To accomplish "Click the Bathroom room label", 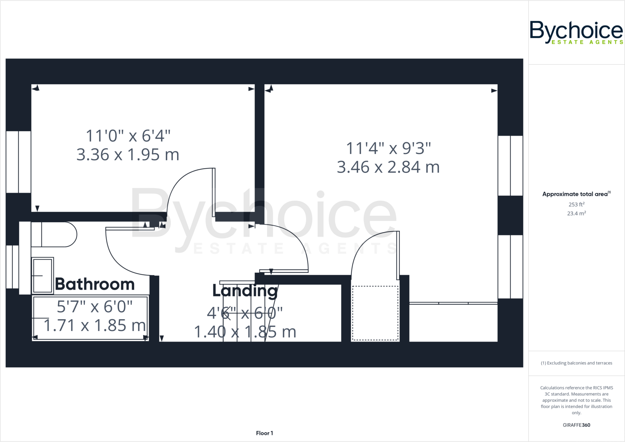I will (95, 284).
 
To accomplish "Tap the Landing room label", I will (245, 291).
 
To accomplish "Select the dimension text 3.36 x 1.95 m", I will (128, 155).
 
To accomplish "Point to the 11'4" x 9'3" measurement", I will (388, 149).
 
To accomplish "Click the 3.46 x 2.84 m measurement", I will (388, 167).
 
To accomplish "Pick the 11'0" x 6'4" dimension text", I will (128, 136).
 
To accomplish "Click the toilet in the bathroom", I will (55, 234).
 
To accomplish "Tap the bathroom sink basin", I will (42, 276).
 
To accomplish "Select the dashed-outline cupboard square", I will (375, 313).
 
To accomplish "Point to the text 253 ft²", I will (576, 204).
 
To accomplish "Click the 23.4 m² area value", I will (576, 214).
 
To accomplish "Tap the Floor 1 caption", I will (264, 433).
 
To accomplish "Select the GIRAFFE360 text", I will (576, 425).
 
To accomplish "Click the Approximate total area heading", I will (575, 194).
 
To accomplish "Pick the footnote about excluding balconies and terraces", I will (576, 363).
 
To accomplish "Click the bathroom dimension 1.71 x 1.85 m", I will (95, 325).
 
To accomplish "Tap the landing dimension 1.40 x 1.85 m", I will (245, 332).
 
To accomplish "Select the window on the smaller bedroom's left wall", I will (18, 162).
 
